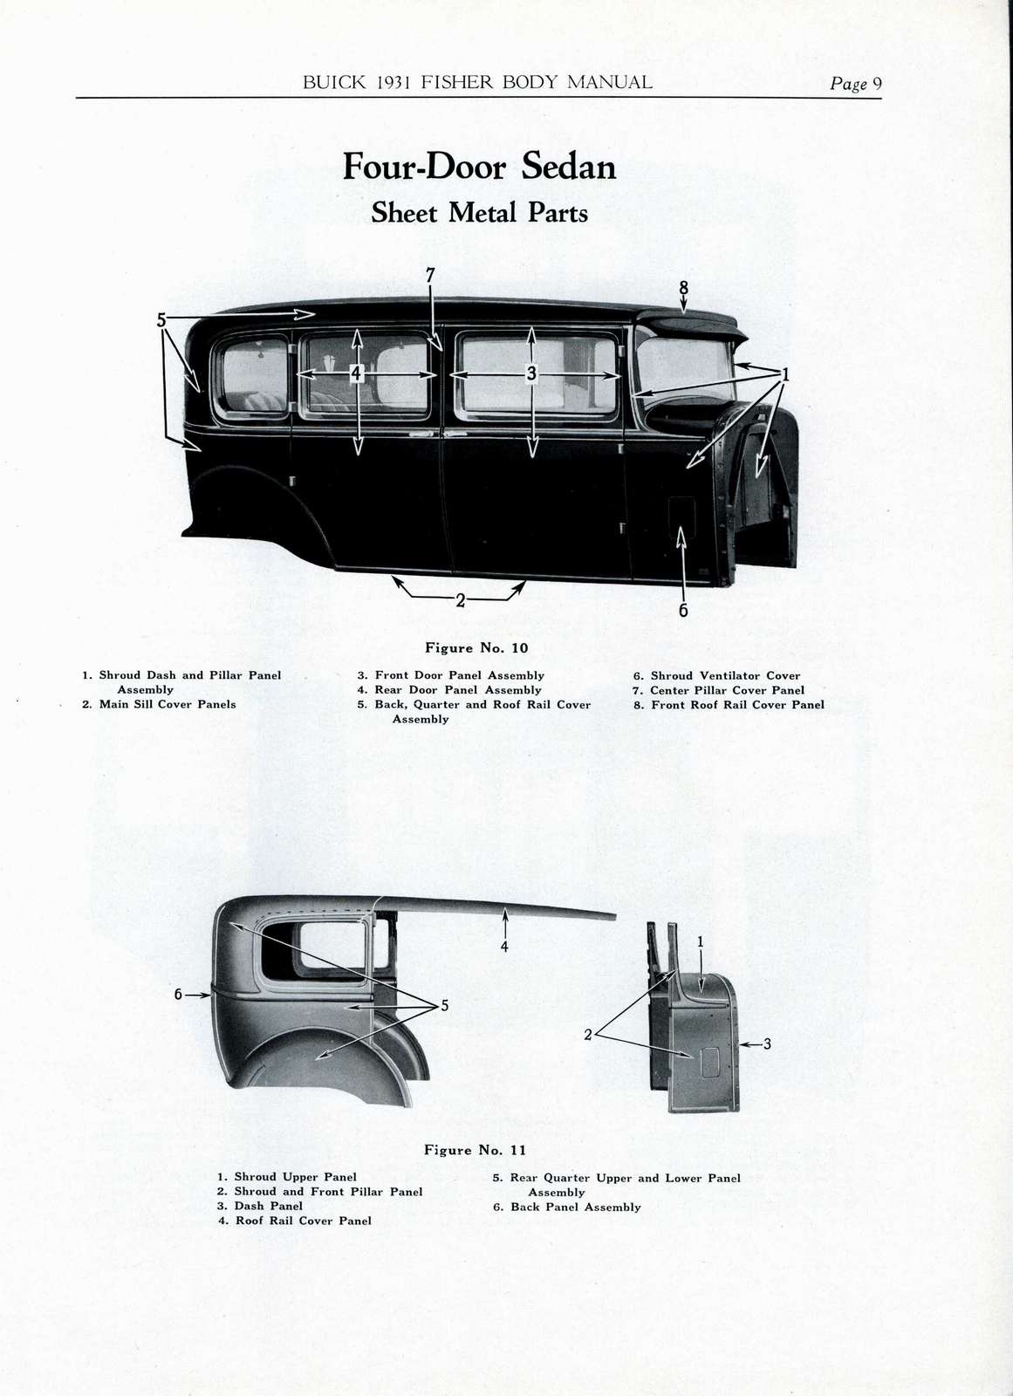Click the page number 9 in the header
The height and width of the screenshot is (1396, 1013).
877,83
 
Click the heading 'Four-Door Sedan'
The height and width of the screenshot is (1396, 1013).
479,166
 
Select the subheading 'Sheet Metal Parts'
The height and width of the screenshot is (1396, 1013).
479,213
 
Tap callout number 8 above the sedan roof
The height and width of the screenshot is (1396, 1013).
683,287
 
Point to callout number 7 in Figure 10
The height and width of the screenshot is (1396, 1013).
430,274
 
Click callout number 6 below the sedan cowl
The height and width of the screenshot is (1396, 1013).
683,611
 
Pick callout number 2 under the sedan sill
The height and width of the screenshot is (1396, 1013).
460,600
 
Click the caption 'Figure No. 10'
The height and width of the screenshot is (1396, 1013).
476,647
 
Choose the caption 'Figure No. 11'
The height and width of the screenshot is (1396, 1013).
475,1150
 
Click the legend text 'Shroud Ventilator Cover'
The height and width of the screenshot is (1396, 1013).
724,675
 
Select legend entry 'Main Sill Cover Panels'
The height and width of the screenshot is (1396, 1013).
167,704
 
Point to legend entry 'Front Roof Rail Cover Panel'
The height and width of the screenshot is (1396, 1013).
736,704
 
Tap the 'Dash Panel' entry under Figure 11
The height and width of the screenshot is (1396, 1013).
268,1206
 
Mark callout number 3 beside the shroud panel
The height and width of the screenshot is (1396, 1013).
766,1044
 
